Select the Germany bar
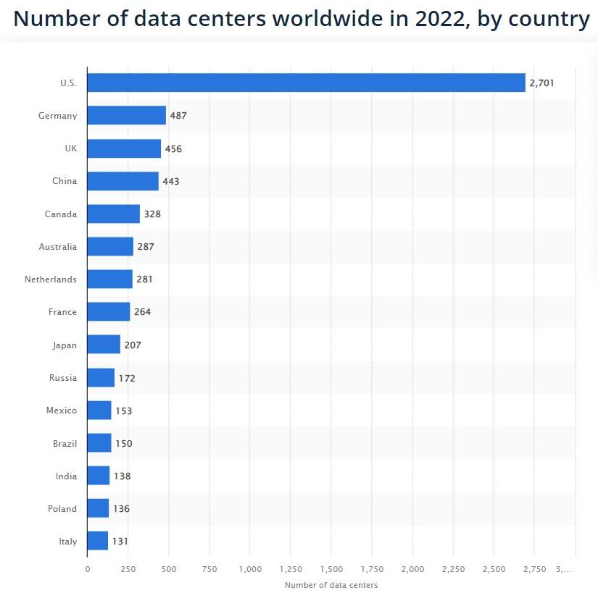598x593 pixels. tap(126, 116)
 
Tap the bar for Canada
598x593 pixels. tap(113, 214)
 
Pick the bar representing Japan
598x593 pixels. tap(104, 345)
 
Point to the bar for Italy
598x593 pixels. tap(97, 541)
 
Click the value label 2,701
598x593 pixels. tap(541, 83)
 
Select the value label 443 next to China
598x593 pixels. tap(170, 181)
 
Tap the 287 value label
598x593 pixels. tap(146, 247)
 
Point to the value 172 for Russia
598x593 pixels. tap(126, 378)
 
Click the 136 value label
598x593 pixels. tap(121, 509)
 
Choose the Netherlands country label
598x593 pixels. tap(51, 279)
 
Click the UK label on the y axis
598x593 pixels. tap(70, 148)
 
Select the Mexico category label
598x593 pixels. tap(62, 411)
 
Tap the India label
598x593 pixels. tap(66, 476)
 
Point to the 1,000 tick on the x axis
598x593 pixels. tap(250, 570)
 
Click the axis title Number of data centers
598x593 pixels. tap(331, 585)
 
